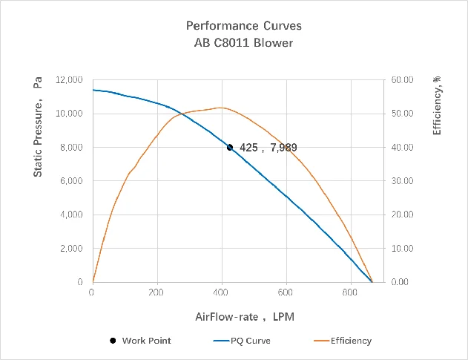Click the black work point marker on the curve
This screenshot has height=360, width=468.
[x=230, y=147]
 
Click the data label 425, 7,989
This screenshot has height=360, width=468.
[x=268, y=148]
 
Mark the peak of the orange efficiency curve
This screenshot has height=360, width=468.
[x=221, y=108]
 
